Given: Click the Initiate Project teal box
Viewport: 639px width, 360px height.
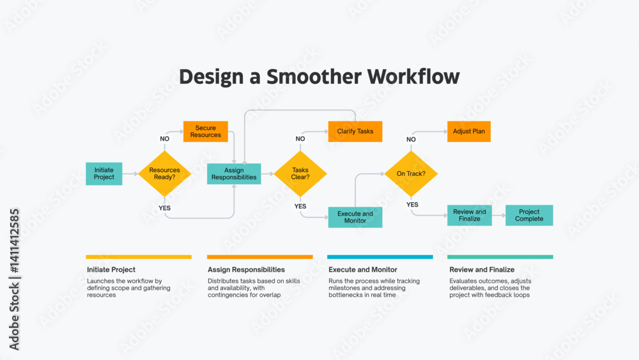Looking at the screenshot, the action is click(x=104, y=174).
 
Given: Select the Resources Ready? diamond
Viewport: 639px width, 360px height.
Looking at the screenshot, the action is click(x=165, y=174).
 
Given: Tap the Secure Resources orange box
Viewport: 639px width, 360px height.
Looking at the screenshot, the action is click(x=205, y=131).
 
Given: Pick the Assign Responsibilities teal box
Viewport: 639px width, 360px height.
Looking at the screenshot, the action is click(x=234, y=174).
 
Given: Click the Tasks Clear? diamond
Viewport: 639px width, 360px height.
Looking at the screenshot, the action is click(x=300, y=174).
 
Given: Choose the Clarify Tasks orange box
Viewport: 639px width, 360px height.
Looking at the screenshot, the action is click(x=355, y=131).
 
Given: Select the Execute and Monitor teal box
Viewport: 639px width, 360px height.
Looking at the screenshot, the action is click(x=355, y=217).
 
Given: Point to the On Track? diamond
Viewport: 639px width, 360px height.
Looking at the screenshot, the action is click(x=411, y=174).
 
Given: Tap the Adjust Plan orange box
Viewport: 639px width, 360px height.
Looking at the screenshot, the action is click(x=469, y=131).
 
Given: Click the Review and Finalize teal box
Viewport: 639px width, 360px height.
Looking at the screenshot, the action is click(x=470, y=215).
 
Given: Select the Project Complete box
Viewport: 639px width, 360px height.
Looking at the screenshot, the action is click(x=529, y=215).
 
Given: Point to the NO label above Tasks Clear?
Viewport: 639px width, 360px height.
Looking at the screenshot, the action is click(x=300, y=139).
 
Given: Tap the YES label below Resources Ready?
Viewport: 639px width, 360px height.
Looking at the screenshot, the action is click(x=165, y=208).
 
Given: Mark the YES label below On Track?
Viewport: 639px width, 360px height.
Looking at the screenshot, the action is click(x=412, y=205).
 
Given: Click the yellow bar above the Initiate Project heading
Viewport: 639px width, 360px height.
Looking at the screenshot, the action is click(x=139, y=257).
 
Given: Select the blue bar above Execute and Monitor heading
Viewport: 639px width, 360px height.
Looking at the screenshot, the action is click(x=380, y=257).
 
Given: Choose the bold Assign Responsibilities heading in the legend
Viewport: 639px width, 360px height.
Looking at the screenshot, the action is click(x=246, y=269).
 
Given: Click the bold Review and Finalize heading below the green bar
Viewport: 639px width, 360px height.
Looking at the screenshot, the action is click(x=482, y=269).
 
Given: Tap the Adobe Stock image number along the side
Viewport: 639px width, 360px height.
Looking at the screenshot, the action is click(x=14, y=241).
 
